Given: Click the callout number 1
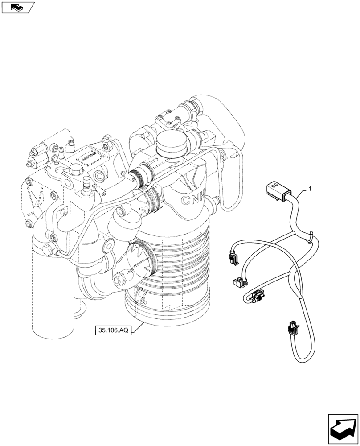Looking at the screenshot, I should (x=310, y=189).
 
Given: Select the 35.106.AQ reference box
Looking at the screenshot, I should (x=113, y=331).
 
